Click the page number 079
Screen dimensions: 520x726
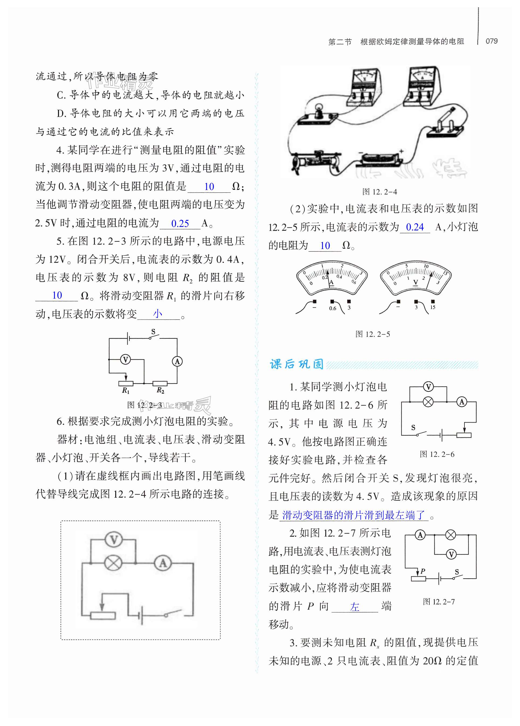(491, 41)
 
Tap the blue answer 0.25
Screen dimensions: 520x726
(180, 223)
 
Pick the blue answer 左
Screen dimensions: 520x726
(354, 606)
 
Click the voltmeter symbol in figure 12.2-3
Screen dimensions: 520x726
(125, 360)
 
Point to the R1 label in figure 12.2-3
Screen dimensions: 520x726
(125, 391)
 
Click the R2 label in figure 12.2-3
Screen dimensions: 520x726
(160, 390)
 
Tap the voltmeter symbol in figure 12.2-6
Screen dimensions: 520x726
(428, 387)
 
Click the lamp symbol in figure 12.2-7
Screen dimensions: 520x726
(451, 535)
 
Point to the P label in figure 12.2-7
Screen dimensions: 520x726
(423, 571)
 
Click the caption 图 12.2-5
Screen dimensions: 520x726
(373, 334)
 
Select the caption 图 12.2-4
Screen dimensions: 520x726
(379, 192)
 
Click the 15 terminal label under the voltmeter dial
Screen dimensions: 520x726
(433, 307)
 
